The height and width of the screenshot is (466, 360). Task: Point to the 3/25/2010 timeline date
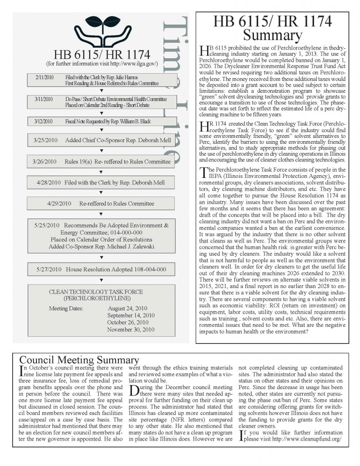click(45, 140)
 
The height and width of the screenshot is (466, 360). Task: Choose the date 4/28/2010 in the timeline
click(49, 182)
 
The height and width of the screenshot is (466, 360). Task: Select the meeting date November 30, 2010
click(131, 329)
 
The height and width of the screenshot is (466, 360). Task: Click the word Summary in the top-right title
click(273, 35)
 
